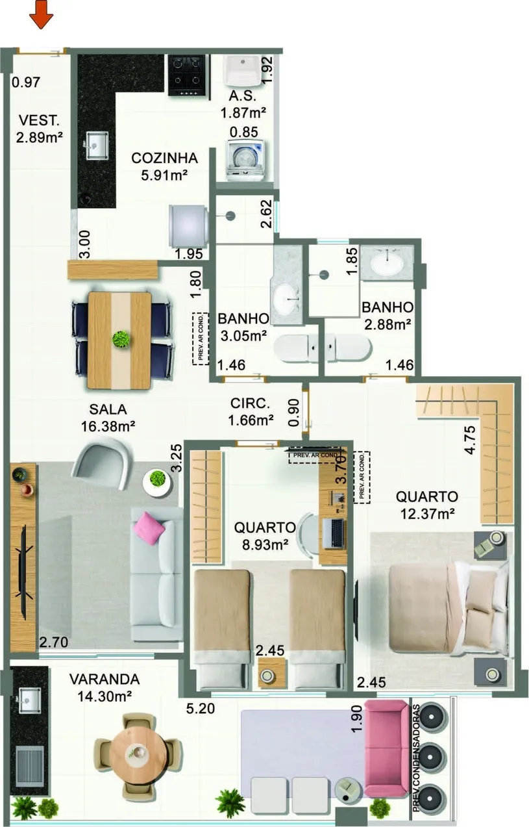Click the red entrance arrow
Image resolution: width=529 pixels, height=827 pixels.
pos(42,14)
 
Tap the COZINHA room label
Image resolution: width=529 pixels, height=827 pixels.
pos(164,158)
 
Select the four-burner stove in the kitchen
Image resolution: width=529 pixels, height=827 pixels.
pos(187,75)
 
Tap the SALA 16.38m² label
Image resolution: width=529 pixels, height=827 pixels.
pos(108,418)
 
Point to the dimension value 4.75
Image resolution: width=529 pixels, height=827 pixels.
pos(470,440)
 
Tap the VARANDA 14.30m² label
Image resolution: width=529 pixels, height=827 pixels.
pos(105,687)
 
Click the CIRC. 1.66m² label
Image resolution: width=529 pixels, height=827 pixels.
pos(251,412)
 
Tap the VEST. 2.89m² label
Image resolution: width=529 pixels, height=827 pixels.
pos(39,129)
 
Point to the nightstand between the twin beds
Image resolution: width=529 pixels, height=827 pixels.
pos(271,674)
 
